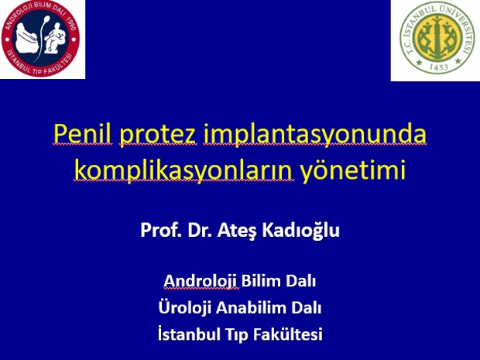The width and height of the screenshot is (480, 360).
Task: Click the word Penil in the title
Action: coord(82,135)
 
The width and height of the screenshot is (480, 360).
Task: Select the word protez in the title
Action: coord(158,136)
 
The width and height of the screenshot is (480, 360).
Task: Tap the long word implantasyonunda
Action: coord(314,135)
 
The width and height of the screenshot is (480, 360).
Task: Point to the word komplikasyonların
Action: coord(183,171)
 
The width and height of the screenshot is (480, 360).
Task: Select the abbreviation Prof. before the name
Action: coord(159,231)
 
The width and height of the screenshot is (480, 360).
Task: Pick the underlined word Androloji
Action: coord(201,281)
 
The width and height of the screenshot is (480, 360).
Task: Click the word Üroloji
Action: coord(184,307)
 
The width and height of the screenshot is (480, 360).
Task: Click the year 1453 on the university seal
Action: coord(438,67)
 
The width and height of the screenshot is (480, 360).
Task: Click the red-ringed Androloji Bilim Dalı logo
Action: coord(40,38)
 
